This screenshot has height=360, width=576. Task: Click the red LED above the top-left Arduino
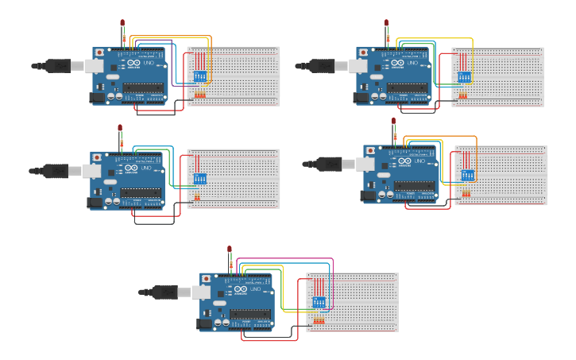pos(122,22)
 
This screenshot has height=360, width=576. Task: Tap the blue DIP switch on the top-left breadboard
pos(199,76)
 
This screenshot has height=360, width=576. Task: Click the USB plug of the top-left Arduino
pos(60,65)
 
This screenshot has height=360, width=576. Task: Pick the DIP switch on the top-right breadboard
pos(463,77)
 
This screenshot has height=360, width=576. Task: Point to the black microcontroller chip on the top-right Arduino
pos(410,87)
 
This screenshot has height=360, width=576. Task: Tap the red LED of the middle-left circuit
pos(120,127)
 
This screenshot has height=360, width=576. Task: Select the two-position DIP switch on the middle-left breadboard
pos(199,178)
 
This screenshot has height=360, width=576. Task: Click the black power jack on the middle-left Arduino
pos(95,203)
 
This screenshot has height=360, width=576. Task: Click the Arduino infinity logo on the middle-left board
pos(131,168)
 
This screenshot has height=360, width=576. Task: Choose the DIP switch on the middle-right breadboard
pos(466,175)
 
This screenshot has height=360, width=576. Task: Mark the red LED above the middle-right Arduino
pos(393,122)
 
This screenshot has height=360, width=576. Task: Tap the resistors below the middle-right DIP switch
pos(466,193)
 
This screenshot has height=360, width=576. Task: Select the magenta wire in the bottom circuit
pos(286,259)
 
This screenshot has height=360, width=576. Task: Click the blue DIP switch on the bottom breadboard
pos(319,303)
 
